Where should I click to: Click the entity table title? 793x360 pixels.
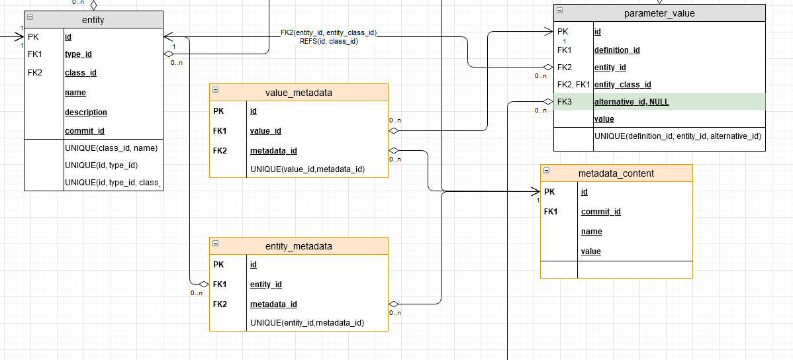click(93, 20)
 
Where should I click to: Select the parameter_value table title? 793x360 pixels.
click(659, 13)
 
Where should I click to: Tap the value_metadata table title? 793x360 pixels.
click(299, 93)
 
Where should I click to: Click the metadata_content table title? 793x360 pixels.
click(616, 173)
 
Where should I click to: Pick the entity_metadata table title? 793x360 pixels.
click(299, 246)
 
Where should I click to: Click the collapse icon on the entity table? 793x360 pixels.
click(30, 19)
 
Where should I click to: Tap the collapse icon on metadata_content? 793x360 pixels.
click(547, 172)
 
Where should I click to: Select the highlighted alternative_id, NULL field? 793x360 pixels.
click(631, 102)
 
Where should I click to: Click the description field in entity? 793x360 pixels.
click(85, 112)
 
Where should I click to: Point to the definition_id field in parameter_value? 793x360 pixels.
click(617, 50)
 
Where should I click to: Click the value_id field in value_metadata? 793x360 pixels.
click(265, 131)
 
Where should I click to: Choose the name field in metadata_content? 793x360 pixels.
click(591, 232)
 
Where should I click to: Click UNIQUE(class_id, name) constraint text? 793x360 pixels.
click(111, 148)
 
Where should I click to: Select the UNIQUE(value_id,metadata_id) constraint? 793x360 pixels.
click(307, 169)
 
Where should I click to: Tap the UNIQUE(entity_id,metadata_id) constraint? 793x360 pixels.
click(307, 323)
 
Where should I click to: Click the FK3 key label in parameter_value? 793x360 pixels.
click(564, 102)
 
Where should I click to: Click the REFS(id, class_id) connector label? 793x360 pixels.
click(329, 41)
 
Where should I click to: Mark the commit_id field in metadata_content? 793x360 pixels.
click(600, 212)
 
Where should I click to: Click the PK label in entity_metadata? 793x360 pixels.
click(218, 265)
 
